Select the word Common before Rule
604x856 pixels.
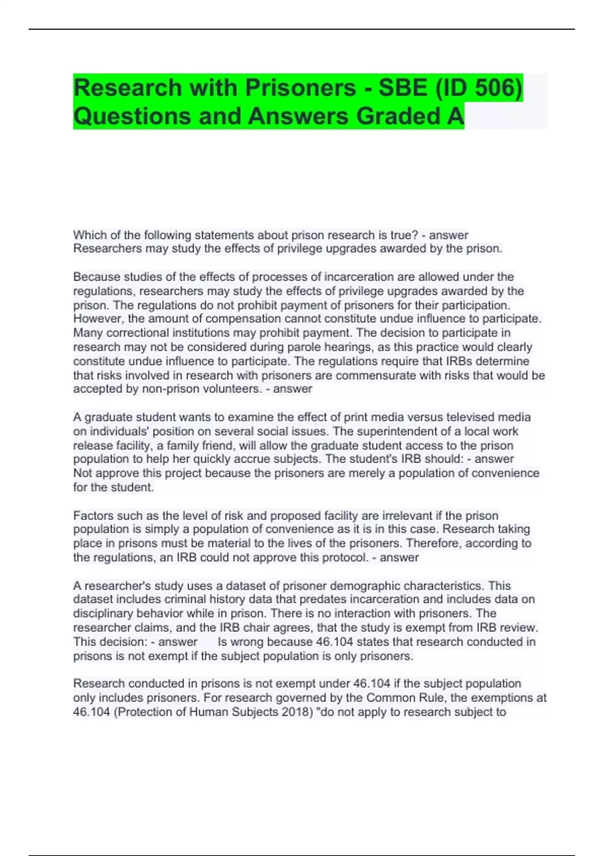coord(391,698)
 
